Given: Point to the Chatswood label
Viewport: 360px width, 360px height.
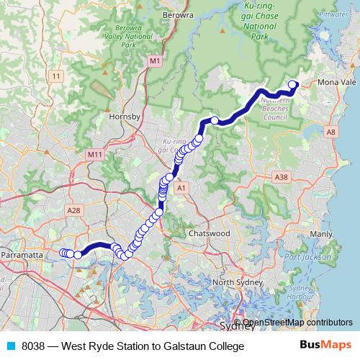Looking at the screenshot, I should pos(209,234).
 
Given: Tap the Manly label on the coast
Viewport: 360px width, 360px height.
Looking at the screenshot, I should pos(320,234).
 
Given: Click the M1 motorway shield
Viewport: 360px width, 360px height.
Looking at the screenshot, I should pos(155,63).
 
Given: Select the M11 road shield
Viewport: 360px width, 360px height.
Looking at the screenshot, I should pos(94,155).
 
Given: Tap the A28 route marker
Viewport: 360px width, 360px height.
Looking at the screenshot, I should pos(73,210).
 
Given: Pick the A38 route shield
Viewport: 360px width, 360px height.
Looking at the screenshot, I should pos(282,176).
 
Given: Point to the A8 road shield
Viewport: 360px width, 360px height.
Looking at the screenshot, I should pos(330,132).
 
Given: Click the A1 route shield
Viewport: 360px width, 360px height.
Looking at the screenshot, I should pos(181,187).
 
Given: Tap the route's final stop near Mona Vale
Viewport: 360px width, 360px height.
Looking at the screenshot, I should pos(293,85).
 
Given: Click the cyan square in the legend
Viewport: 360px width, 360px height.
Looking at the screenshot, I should pos(11,346).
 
